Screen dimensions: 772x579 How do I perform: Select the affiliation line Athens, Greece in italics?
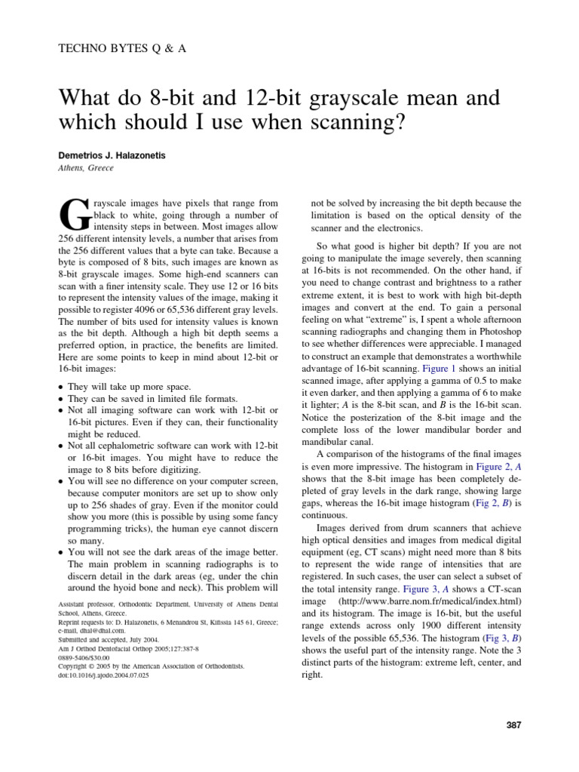pyautogui.click(x=86, y=168)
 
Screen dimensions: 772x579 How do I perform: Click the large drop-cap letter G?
pyautogui.click(x=73, y=216)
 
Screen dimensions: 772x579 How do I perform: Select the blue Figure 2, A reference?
pyautogui.click(x=493, y=467)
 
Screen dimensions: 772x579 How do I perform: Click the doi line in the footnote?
pyautogui.click(x=103, y=675)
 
